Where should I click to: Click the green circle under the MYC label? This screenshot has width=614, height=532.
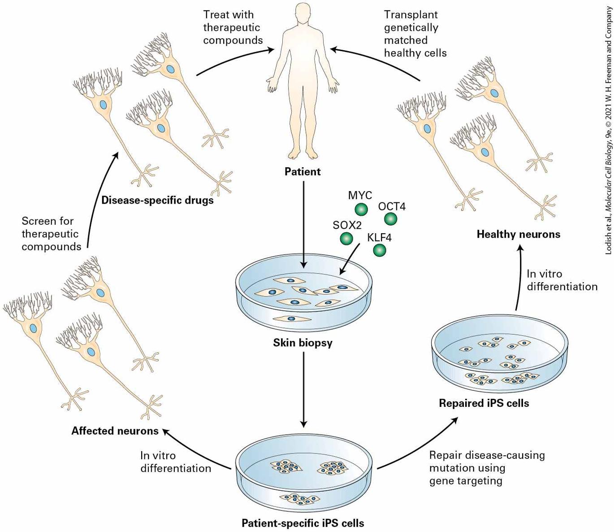tap(361, 209)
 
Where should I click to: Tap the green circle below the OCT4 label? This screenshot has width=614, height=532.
tap(390, 219)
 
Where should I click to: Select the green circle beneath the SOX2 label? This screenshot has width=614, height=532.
tap(346, 239)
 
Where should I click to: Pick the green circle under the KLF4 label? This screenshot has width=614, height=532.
tap(379, 250)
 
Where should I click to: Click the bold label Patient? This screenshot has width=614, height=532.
tap(303, 172)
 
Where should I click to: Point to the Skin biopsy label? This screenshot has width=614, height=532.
tap(303, 343)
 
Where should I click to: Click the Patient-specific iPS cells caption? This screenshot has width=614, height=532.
tap(303, 523)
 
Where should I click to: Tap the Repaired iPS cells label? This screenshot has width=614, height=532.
tap(484, 403)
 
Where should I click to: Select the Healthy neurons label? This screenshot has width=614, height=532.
tap(519, 234)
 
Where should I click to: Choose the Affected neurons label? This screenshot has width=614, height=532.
tap(115, 431)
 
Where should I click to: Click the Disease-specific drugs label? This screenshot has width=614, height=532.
tap(157, 200)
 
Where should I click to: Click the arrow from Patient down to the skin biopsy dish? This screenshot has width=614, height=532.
tap(303, 225)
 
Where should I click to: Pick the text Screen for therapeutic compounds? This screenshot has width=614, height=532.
tap(52, 234)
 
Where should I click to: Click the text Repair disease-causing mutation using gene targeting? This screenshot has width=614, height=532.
tap(487, 468)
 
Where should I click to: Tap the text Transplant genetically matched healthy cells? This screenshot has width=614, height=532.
tap(415, 34)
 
